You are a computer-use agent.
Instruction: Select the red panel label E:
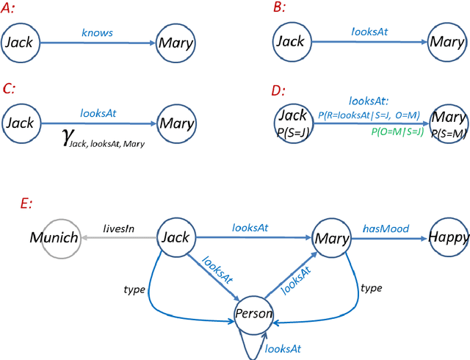coord(27,205)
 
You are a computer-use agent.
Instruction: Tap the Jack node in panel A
coord(21,43)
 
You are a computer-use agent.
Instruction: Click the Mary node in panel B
coord(447,41)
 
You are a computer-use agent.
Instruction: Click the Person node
coord(253,314)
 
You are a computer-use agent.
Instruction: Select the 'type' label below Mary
coord(372,288)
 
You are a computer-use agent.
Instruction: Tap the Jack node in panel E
coord(175,238)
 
